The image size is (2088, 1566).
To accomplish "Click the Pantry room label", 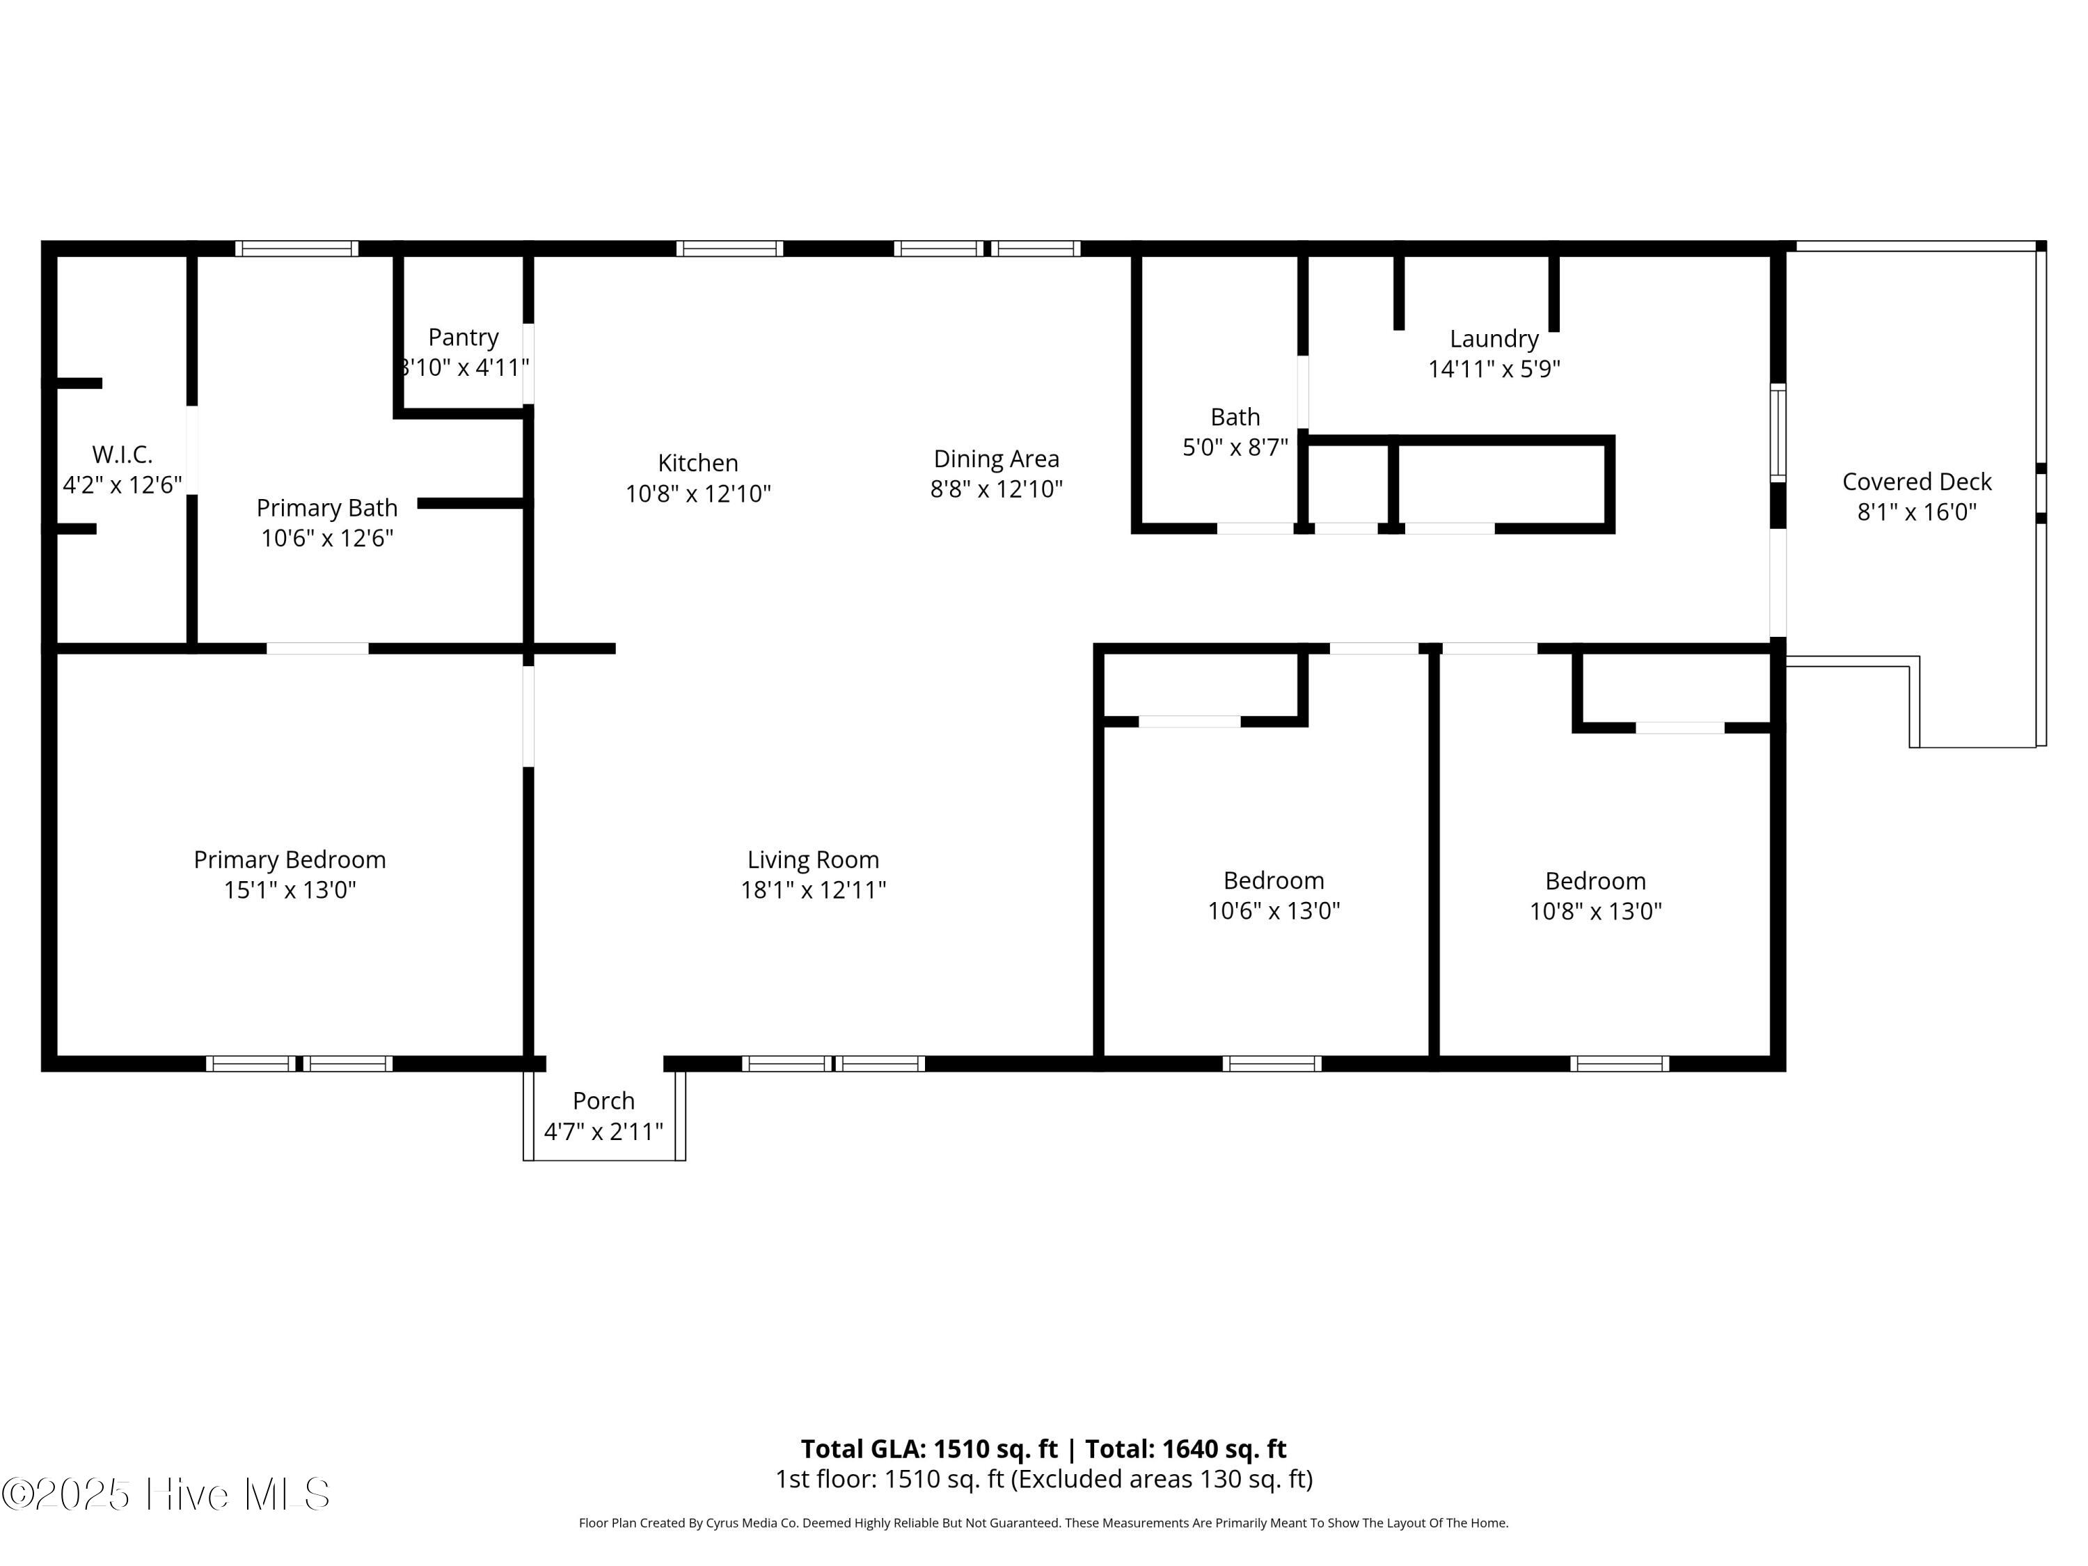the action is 463,337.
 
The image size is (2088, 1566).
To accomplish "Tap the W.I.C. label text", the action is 122,455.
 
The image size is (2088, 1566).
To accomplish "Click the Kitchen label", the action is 699,463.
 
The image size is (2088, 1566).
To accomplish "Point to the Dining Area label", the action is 997,459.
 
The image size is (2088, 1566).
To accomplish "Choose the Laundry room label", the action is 1494,339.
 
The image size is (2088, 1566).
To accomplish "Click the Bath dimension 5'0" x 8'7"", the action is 1235,448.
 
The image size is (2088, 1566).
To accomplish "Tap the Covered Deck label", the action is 1917,482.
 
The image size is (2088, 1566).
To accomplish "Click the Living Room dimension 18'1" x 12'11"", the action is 814,890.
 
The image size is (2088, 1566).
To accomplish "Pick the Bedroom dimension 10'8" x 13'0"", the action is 1596,911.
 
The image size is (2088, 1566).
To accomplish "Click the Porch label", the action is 604,1100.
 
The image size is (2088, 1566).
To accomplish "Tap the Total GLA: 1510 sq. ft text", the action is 930,1449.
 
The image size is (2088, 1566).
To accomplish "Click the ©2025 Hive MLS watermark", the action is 166,1494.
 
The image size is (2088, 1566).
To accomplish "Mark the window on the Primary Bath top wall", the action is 296,249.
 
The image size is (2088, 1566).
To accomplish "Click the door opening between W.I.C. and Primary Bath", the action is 191,450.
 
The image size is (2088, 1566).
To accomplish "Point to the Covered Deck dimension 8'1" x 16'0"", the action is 1917,512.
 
